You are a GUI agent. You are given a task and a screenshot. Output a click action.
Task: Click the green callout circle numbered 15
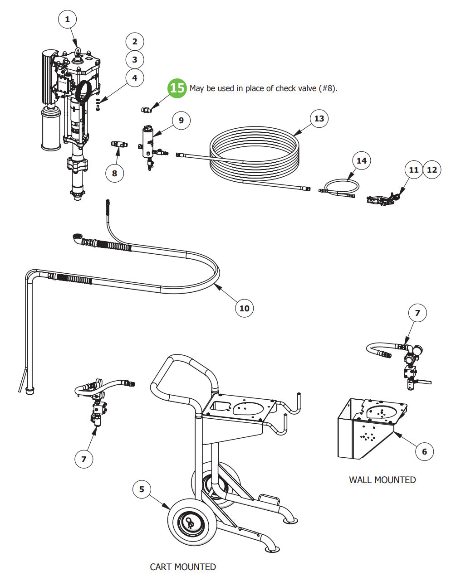tap(177, 87)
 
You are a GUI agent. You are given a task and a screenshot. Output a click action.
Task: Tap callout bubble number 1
tap(68, 19)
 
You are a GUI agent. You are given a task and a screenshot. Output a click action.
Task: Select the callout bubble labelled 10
tap(244, 308)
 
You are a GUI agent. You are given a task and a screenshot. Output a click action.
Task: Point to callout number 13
tap(319, 118)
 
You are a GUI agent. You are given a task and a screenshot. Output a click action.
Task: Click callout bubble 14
tap(361, 160)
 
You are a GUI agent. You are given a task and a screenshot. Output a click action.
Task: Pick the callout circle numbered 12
tap(432, 169)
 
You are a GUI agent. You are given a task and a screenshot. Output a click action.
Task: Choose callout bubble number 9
tap(181, 120)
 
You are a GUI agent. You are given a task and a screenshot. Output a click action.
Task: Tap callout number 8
tap(114, 173)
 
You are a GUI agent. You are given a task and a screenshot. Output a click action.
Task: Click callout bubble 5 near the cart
tap(142, 489)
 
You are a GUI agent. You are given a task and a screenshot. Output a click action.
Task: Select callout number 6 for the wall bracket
tap(424, 451)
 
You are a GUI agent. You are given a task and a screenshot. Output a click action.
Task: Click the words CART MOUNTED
tap(183, 566)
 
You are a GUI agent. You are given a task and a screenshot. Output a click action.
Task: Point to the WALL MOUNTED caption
tap(382, 479)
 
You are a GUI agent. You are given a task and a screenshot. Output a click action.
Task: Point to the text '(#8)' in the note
tap(328, 88)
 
